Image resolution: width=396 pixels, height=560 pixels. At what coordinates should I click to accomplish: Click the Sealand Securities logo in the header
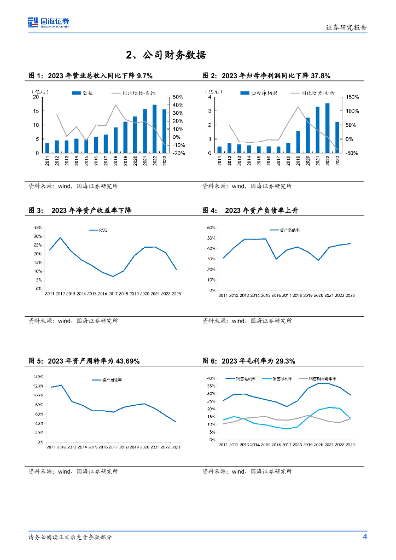click(49, 22)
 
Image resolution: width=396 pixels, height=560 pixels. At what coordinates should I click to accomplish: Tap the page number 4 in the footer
click(365, 536)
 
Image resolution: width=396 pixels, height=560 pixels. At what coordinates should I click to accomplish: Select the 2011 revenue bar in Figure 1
click(47, 148)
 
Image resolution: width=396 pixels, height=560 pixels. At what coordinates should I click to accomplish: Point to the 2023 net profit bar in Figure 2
click(337, 137)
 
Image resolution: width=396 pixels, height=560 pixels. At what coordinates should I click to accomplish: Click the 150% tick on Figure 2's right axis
click(352, 97)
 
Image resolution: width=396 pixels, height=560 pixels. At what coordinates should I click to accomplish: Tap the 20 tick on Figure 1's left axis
click(36, 97)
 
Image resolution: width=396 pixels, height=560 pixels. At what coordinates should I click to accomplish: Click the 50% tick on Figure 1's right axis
click(178, 97)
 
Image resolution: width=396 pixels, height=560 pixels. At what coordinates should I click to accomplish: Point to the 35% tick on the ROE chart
click(38, 227)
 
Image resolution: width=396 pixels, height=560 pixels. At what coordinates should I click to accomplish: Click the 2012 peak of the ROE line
click(60, 238)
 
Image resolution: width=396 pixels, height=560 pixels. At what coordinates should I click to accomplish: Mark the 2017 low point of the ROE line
click(113, 276)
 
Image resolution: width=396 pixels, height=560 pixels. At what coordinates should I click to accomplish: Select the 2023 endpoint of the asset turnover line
click(176, 422)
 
